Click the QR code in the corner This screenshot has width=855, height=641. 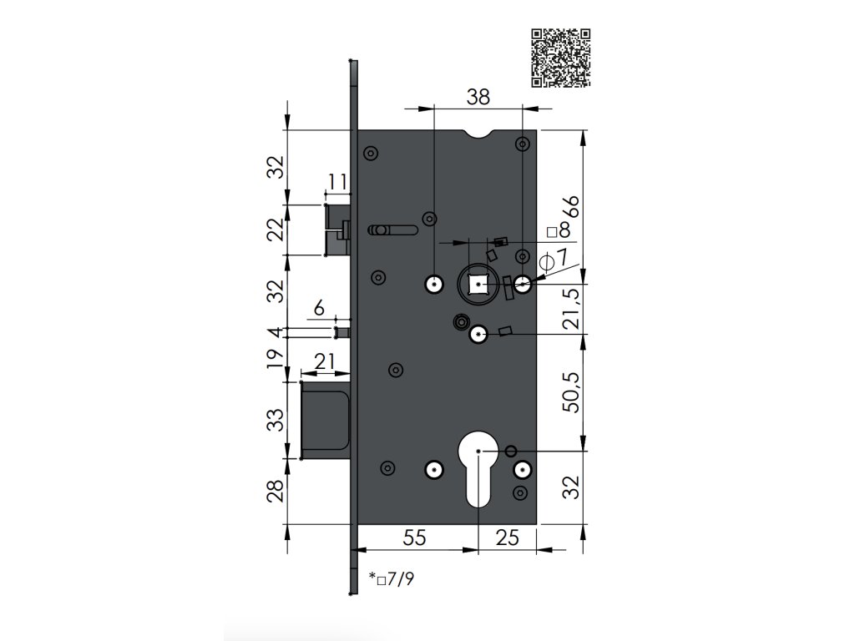coord(560,58)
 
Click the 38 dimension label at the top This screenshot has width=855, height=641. coord(478,97)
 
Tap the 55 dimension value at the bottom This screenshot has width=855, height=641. coord(414,538)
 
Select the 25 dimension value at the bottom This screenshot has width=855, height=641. coord(507,538)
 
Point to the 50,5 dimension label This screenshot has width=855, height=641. coord(573,392)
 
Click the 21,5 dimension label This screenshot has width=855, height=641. coord(573,309)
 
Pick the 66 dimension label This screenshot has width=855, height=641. coord(573,207)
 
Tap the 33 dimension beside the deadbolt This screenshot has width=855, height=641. coord(277,420)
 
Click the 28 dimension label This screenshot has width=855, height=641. coord(277,491)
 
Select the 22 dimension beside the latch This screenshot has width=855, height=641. coord(277,229)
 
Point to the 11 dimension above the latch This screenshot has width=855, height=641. coord(337,181)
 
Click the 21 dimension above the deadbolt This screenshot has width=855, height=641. coord(325,361)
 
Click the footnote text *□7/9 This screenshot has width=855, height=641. coord(391,578)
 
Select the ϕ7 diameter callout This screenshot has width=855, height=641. coord(554,259)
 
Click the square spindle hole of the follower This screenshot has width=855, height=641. coord(478,284)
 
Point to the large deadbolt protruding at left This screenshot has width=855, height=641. coord(325,421)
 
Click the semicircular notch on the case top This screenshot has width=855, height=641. coord(480,134)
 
